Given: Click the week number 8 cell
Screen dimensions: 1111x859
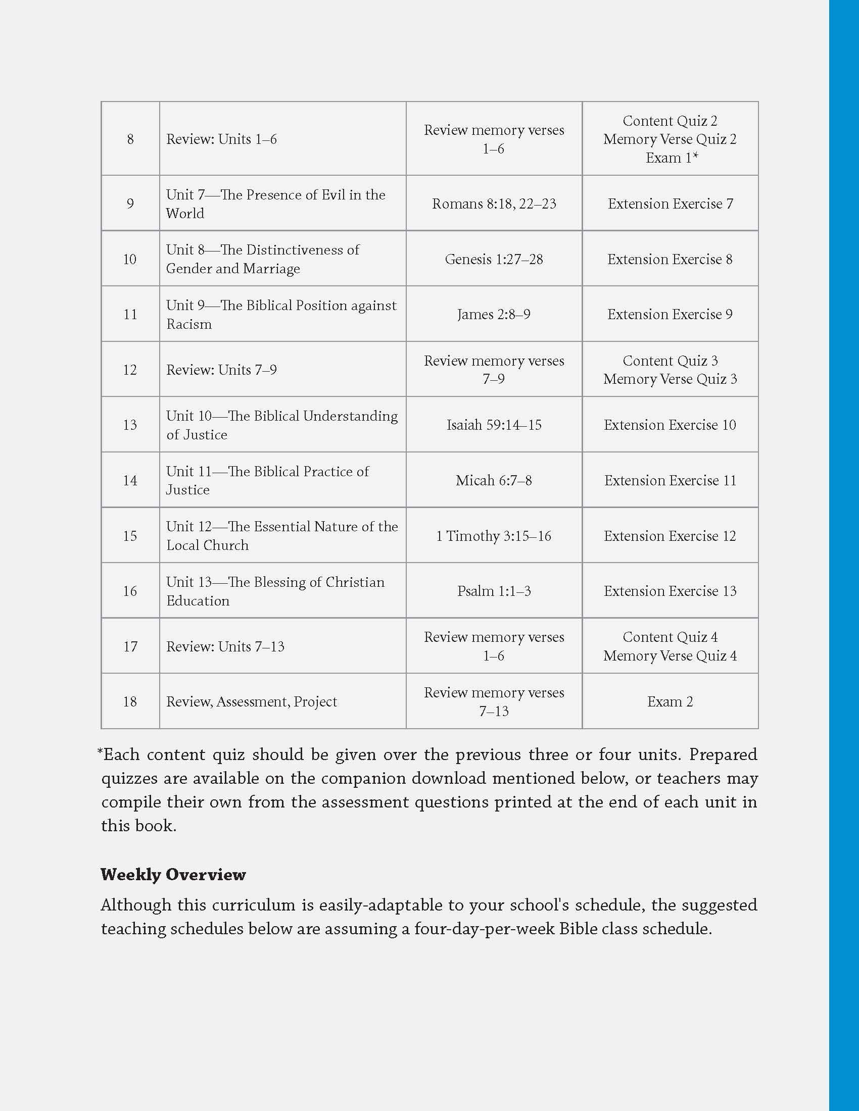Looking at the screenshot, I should pyautogui.click(x=130, y=139).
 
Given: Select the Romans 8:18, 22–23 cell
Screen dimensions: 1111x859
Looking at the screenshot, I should pyautogui.click(x=494, y=204).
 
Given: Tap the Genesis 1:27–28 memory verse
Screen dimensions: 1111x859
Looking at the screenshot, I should pyautogui.click(x=494, y=259).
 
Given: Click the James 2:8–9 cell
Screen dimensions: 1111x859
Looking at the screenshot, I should pyautogui.click(x=494, y=315).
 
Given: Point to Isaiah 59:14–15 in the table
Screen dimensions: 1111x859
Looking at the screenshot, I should pyautogui.click(x=494, y=425).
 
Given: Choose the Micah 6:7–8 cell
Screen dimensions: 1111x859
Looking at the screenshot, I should pyautogui.click(x=494, y=480).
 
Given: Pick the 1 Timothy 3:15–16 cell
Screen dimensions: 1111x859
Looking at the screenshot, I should pyautogui.click(x=494, y=536).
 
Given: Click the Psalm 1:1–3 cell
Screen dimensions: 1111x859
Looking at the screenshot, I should pyautogui.click(x=494, y=591).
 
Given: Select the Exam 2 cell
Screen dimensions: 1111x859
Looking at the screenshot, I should pyautogui.click(x=670, y=701).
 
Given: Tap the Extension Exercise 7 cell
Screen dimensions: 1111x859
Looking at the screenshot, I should pyautogui.click(x=670, y=204).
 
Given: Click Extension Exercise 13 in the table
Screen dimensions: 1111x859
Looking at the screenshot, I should pyautogui.click(x=670, y=591).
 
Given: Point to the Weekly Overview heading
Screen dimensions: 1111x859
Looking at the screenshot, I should pyautogui.click(x=173, y=875).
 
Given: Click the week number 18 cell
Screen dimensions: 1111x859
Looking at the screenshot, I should pyautogui.click(x=130, y=701).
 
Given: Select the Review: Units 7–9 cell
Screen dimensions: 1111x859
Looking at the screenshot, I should pyautogui.click(x=221, y=370).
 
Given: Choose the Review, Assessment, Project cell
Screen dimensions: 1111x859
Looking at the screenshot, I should pyautogui.click(x=252, y=701).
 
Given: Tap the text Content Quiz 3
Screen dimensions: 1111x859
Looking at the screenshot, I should pyautogui.click(x=670, y=361).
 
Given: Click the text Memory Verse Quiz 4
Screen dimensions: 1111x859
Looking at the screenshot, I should pyautogui.click(x=670, y=655).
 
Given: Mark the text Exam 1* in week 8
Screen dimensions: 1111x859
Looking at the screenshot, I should pyautogui.click(x=671, y=158).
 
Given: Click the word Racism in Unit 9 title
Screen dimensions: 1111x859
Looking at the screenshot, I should pyautogui.click(x=189, y=324).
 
